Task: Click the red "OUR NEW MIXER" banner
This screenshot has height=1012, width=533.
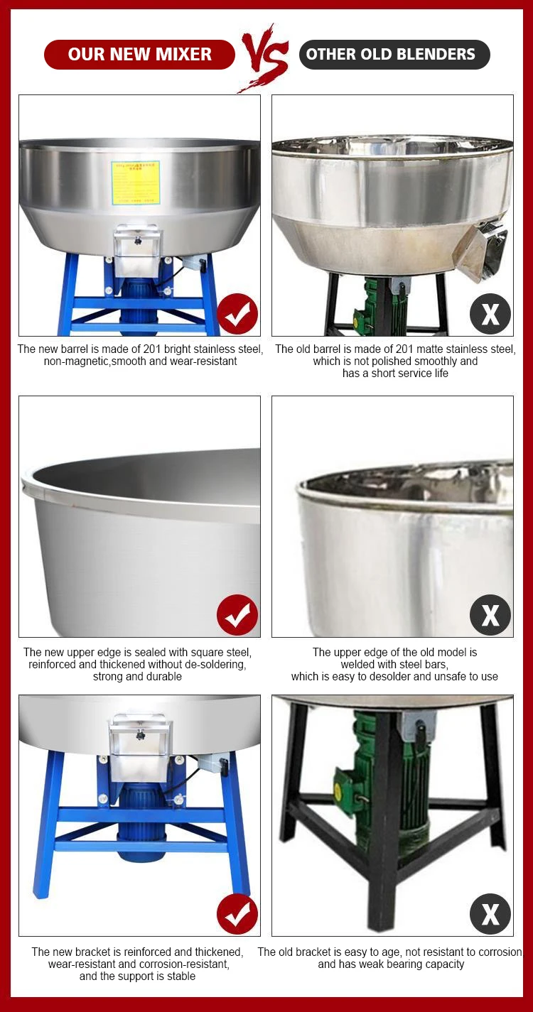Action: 139,55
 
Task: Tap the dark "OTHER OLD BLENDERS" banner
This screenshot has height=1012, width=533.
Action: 394,55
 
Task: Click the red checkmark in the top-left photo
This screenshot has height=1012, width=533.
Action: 237,314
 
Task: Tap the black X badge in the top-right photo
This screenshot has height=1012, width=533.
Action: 490,314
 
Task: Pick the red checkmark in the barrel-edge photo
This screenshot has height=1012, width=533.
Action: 237,615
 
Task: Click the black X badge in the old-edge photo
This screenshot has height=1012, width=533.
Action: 490,615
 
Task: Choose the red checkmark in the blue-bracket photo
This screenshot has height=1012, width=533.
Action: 237,914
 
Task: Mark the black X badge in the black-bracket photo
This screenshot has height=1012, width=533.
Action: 490,914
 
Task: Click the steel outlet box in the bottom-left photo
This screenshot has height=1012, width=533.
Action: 139,746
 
